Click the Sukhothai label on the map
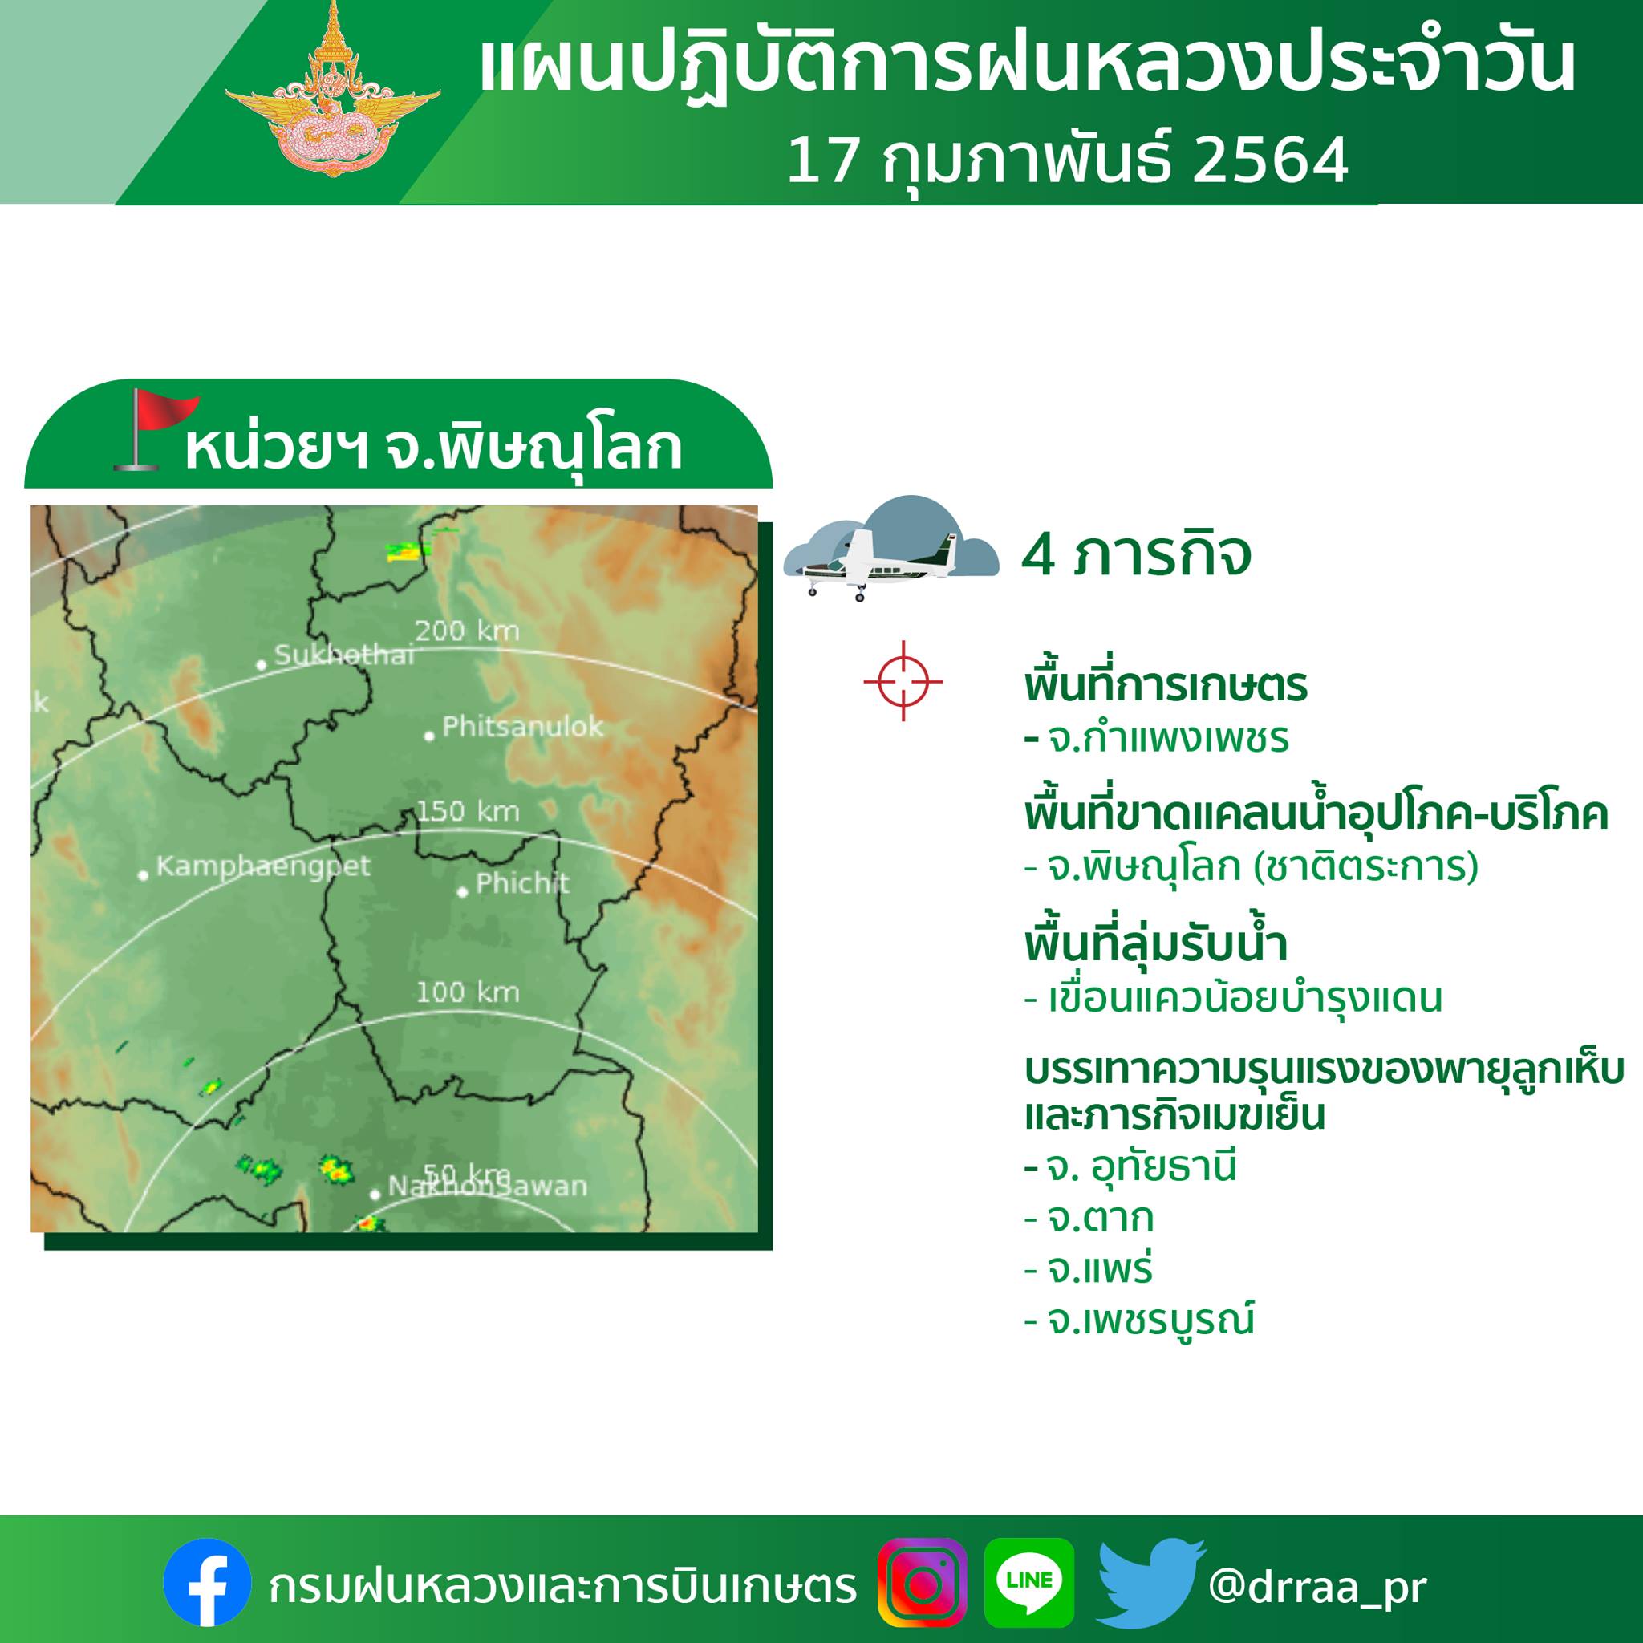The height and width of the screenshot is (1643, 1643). pos(344,655)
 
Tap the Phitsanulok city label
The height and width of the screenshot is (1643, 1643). pos(522,726)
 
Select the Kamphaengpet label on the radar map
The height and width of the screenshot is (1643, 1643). pos(264,866)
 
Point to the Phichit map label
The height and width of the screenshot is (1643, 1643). pos(522,882)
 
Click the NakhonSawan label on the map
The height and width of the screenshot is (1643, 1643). pos(487,1187)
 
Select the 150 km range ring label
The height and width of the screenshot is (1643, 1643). pos(467,811)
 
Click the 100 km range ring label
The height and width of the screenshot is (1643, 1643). pos(467,992)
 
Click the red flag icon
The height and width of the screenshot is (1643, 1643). pos(154,429)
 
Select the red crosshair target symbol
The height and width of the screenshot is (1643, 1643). pos(903,680)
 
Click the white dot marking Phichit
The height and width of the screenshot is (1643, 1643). pos(463,892)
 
